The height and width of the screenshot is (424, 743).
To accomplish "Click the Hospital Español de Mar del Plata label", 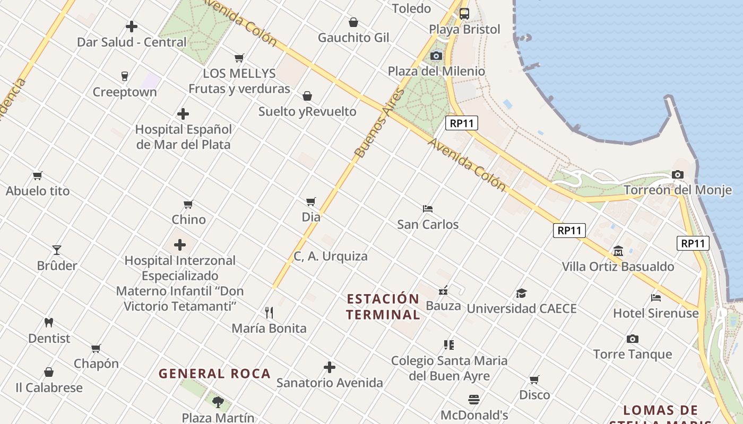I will tap(183, 137).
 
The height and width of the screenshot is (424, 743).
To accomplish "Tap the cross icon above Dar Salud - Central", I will tap(132, 26).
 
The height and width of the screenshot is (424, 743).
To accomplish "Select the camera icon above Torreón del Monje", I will tap(677, 174).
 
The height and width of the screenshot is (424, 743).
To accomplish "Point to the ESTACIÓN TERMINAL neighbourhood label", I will tap(383, 306).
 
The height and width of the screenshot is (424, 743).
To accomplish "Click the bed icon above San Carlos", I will tap(428, 209).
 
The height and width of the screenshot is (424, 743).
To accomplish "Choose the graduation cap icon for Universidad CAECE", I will tap(521, 293).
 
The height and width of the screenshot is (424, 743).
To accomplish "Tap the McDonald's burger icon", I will tap(474, 399).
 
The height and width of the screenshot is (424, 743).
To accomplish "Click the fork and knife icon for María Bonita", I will tap(269, 313).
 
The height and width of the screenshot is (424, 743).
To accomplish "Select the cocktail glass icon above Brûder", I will tap(57, 250).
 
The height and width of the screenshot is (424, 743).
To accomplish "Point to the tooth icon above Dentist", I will tap(49, 322).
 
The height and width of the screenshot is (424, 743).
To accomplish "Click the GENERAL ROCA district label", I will tap(214, 374).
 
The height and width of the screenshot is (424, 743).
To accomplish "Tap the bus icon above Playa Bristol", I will tap(464, 14).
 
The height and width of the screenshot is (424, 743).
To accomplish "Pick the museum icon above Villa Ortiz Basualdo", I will tap(618, 251).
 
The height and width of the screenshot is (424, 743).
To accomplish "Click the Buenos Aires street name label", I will tap(373, 130).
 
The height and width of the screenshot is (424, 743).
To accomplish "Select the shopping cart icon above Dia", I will tap(311, 201).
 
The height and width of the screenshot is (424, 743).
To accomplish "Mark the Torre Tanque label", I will tap(632, 354).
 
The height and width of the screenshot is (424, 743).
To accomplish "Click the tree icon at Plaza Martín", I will tap(218, 402).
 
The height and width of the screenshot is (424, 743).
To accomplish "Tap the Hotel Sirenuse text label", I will tap(656, 313).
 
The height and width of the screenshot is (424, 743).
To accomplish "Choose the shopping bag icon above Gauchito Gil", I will tap(353, 22).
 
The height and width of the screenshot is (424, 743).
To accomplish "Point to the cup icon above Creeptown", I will tap(125, 76).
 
